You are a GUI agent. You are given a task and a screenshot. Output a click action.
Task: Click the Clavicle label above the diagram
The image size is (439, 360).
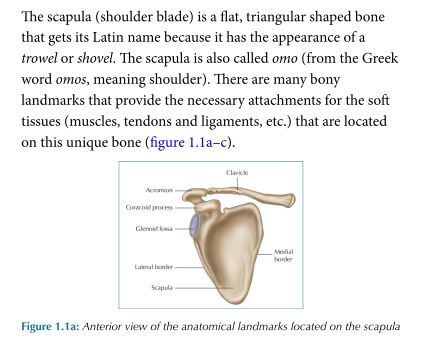pyautogui.click(x=237, y=173)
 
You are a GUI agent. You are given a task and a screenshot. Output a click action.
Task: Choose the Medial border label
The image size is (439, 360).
pyautogui.click(x=283, y=257)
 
